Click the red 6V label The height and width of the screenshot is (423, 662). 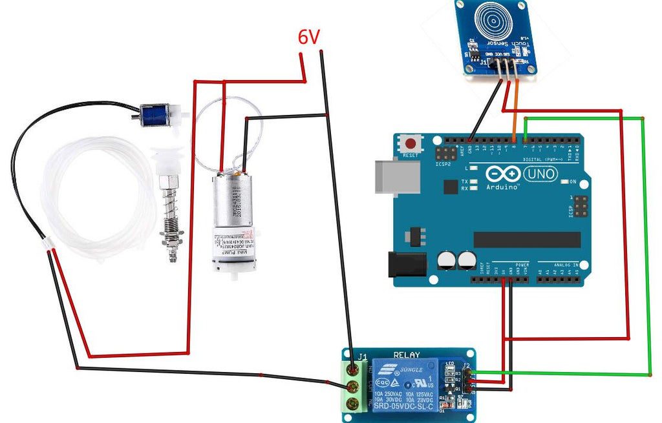tap(308, 37)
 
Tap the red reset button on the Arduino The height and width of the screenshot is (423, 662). tap(410, 143)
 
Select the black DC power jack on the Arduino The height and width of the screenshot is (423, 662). tap(406, 266)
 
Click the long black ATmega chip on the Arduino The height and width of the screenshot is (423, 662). tap(526, 239)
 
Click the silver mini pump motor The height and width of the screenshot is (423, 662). tap(231, 223)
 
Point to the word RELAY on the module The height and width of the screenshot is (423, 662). tap(407, 355)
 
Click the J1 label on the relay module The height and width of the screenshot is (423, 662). tap(362, 356)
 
